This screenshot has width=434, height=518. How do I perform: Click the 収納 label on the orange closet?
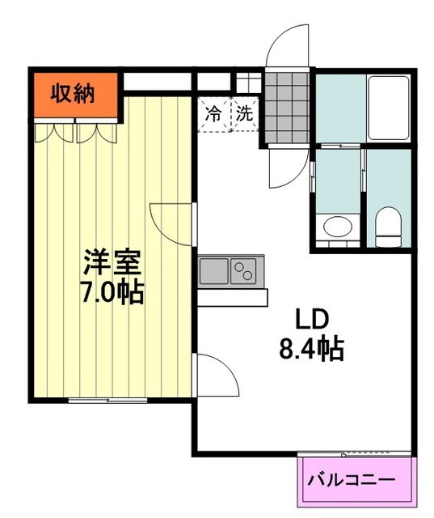pos(74,94)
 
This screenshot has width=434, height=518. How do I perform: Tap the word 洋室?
pos(113,264)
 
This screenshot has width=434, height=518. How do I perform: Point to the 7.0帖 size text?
pos(113,291)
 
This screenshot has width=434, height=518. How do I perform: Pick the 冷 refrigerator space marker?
pos(213,113)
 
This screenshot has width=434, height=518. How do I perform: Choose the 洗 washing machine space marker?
pos(244,113)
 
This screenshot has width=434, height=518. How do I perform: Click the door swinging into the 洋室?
pos(174,220)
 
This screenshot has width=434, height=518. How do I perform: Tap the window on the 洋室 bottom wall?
pos(101,400)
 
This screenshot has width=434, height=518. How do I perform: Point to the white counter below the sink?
pos(233,297)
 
